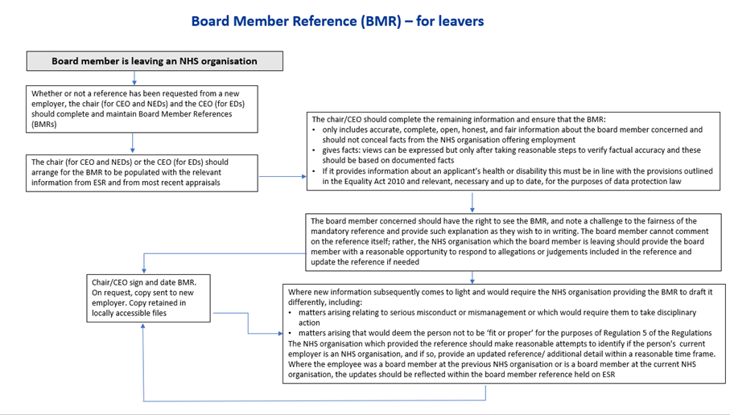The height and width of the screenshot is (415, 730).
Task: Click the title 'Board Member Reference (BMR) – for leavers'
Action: click(x=337, y=21)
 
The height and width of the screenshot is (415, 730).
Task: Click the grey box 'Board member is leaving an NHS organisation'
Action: click(x=155, y=61)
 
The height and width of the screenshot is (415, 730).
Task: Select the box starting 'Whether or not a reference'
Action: click(x=142, y=109)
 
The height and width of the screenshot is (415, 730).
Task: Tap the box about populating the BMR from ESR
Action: click(x=142, y=173)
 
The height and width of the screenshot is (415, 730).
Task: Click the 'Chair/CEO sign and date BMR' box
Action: click(x=149, y=298)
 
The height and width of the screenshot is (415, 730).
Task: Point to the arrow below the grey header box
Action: click(x=134, y=78)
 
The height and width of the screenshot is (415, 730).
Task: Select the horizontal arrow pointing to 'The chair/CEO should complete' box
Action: click(x=283, y=176)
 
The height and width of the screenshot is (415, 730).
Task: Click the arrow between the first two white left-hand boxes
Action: click(x=133, y=143)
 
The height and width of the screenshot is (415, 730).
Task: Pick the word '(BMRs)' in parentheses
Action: click(x=44, y=125)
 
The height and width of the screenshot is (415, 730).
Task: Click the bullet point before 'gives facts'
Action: click(x=314, y=150)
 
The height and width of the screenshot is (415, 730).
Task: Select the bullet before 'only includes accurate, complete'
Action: click(x=314, y=130)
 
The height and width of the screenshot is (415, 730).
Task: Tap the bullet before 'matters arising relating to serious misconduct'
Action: click(x=291, y=313)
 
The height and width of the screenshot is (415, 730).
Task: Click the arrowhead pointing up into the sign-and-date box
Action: click(x=143, y=326)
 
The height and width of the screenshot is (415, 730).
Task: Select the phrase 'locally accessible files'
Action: click(x=129, y=313)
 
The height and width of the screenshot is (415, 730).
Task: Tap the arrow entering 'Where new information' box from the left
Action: click(x=248, y=323)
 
